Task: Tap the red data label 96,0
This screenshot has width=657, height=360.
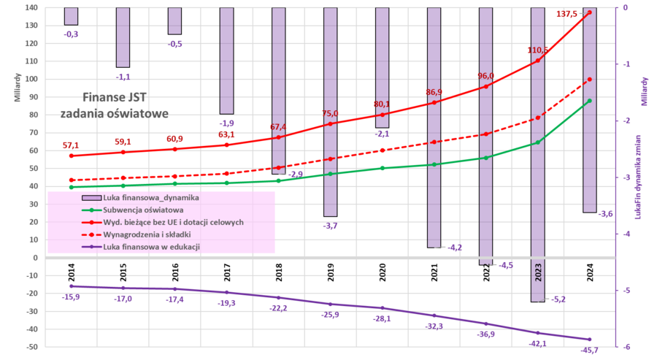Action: [x=485, y=76]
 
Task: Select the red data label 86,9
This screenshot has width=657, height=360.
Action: [x=434, y=92]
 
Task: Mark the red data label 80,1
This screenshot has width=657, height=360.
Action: [x=382, y=104]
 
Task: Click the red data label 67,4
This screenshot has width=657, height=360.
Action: [x=278, y=128]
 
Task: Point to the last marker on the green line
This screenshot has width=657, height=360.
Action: [x=589, y=101]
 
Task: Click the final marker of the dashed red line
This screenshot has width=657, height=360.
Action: [x=589, y=78]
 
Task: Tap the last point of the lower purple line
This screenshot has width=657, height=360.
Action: [x=589, y=339]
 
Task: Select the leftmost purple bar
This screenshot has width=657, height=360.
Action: [x=71, y=16]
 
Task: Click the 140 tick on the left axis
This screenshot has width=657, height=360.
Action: [x=31, y=7]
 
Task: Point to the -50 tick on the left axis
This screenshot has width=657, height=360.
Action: [x=31, y=347]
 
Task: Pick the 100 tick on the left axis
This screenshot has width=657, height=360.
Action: [x=31, y=79]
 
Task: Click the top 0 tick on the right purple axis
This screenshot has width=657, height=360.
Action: [x=626, y=7]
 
